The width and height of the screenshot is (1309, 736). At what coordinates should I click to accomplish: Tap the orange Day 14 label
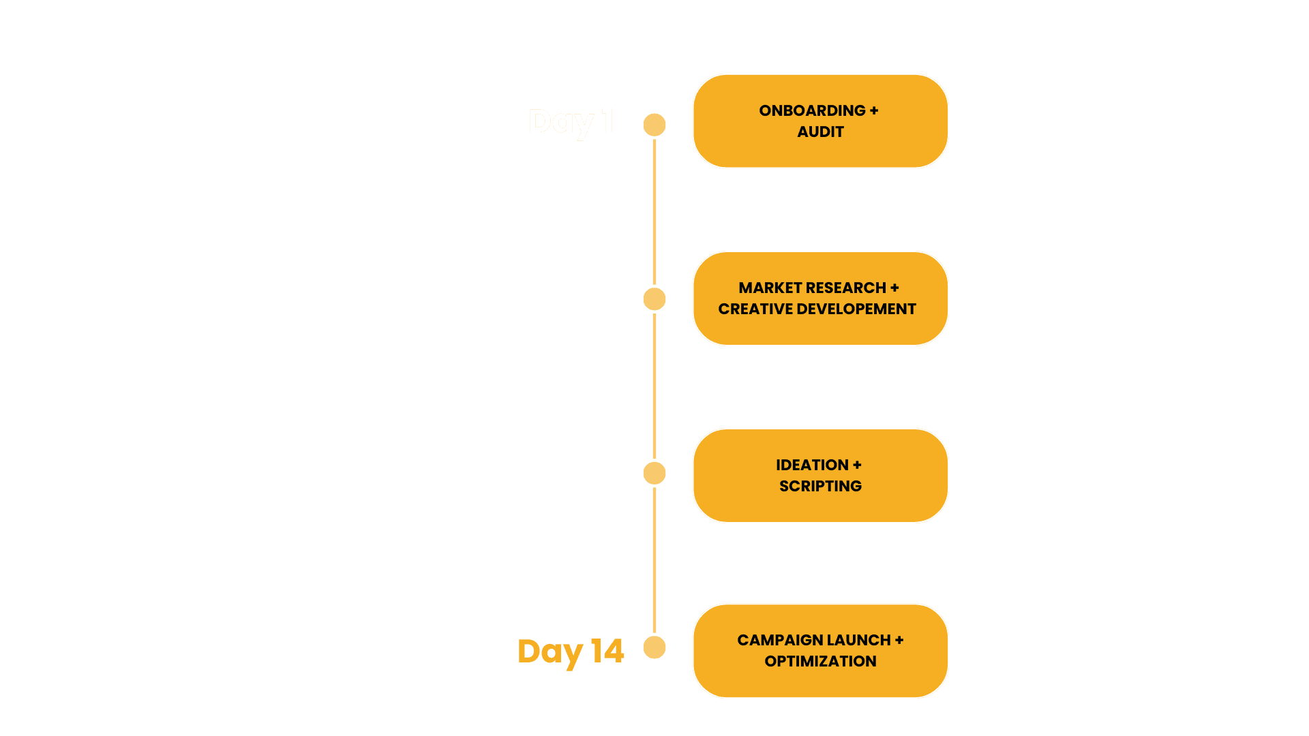coord(571,651)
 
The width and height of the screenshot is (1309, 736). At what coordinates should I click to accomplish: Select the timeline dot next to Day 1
coord(654,125)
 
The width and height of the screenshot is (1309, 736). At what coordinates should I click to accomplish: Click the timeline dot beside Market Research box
coord(654,299)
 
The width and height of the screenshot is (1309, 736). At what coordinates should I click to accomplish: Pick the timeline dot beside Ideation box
coord(654,473)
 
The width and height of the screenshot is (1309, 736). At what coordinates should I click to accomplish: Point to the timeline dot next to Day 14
coord(654,647)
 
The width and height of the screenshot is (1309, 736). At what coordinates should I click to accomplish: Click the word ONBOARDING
coord(812,110)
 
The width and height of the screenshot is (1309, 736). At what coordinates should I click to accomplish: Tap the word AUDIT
coord(820,132)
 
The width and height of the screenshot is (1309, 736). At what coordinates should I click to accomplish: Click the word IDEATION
coord(812,465)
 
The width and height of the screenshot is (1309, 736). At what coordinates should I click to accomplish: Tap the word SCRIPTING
coord(820,486)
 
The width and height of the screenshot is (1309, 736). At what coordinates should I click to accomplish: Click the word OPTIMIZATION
coord(820,661)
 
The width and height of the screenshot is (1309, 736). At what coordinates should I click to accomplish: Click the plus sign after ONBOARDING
coord(874,110)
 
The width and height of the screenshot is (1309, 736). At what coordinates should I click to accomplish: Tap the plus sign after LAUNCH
coord(899,640)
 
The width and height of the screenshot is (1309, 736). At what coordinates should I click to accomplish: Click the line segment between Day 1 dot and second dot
coord(654,212)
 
